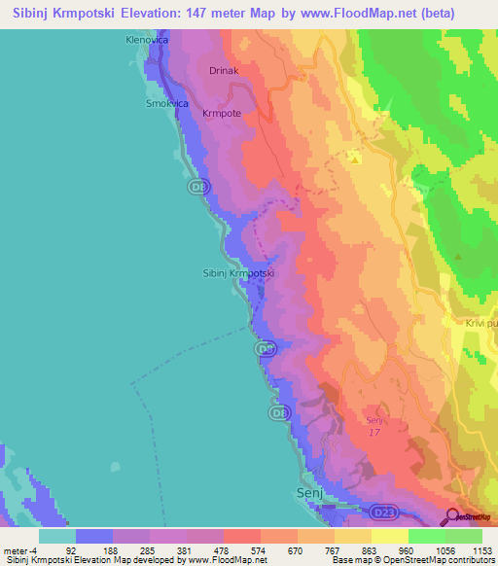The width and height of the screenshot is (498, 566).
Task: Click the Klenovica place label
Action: coord(146,41)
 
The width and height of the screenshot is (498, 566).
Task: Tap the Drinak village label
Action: coord(224,71)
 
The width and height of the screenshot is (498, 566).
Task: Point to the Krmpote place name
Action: coord(221,114)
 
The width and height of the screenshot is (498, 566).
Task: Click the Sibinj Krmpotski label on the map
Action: coord(238,273)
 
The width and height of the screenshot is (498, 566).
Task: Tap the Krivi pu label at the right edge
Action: coord(480,323)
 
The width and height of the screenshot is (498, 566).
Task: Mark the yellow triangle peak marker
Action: coord(356,156)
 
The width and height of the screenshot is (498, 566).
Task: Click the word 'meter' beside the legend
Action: coord(15,550)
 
